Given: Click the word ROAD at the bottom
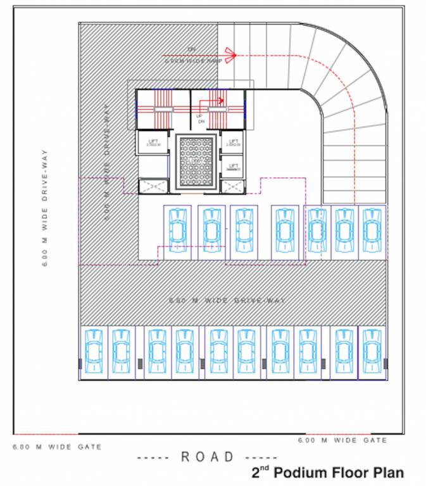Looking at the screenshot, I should tap(208, 456).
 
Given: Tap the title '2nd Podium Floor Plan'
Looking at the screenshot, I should tap(327, 472).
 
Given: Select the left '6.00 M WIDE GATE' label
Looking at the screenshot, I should tap(56, 447).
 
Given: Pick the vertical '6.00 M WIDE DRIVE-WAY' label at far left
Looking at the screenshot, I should tap(45, 209).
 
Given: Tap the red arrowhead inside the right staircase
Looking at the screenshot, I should tap(222, 100).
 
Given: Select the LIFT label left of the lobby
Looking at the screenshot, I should tap(152, 142).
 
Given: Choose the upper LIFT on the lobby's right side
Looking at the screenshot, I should tap(233, 142).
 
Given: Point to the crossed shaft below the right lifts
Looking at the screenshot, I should tap(233, 186).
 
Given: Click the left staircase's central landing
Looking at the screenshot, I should tap(163, 109).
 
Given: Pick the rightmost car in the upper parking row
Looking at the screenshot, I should tap(372, 232).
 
